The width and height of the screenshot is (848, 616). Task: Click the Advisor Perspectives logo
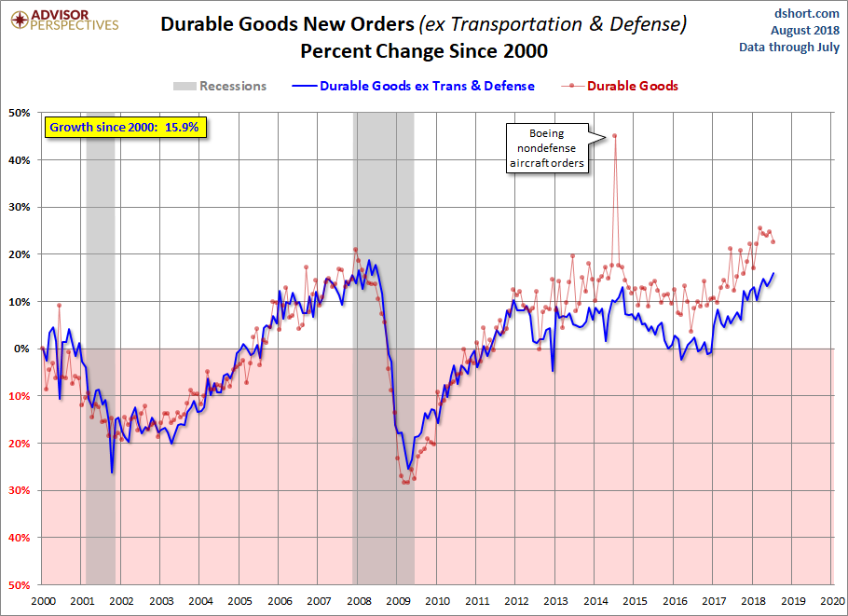pos(65,21)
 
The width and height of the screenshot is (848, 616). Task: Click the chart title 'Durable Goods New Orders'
pos(287,24)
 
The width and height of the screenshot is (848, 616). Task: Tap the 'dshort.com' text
pos(806,13)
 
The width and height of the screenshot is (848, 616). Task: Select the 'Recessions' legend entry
pos(220,86)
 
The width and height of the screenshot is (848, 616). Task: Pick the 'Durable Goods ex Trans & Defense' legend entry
pos(413,86)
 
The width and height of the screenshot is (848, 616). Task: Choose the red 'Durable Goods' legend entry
pos(620,86)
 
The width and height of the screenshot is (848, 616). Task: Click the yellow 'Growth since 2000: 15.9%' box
pos(125,128)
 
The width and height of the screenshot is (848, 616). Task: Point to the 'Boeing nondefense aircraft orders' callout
pos(547,148)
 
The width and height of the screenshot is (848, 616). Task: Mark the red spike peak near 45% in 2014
pos(615,136)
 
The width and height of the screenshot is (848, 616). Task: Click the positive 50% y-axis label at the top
pos(20,113)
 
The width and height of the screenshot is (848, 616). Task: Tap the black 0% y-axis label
pos(22,349)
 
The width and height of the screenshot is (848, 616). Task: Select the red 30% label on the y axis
pos(20,490)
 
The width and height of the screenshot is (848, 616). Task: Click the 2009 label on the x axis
pos(398,601)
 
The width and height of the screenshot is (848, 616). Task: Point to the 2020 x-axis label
pos(832,601)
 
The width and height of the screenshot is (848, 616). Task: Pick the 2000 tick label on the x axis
pos(43,601)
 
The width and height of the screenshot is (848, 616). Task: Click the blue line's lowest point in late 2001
pos(112,472)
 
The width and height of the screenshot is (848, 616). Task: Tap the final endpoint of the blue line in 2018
pos(773,273)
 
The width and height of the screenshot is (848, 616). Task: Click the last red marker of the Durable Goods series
pos(773,241)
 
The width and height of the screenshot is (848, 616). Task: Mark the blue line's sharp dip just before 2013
pos(553,371)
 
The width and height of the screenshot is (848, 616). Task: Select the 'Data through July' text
pos(789,47)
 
